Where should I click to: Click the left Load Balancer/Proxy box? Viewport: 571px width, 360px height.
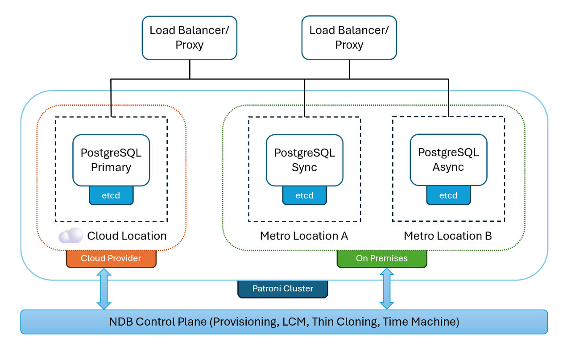pyautogui.click(x=190, y=38)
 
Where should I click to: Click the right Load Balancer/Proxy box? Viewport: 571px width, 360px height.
pyautogui.click(x=349, y=38)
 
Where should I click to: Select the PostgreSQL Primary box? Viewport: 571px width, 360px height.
pyautogui.click(x=111, y=160)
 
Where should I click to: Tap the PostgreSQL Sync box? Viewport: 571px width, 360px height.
pyautogui.click(x=304, y=160)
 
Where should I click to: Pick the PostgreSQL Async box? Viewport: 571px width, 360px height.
pyautogui.click(x=448, y=160)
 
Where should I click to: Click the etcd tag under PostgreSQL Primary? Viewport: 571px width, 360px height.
pyautogui.click(x=111, y=195)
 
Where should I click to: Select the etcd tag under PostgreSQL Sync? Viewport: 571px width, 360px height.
pyautogui.click(x=304, y=195)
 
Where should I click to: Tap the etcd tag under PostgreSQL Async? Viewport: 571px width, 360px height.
pyautogui.click(x=448, y=195)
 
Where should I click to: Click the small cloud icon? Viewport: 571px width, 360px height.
pyautogui.click(x=71, y=236)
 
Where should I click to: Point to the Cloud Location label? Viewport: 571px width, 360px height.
pyautogui.click(x=127, y=236)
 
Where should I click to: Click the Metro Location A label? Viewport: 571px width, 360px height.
pyautogui.click(x=304, y=236)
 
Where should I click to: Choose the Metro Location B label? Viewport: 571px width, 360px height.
pyautogui.click(x=448, y=236)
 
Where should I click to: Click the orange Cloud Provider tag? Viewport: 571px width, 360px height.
pyautogui.click(x=111, y=259)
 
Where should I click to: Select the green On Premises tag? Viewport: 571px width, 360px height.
pyautogui.click(x=381, y=259)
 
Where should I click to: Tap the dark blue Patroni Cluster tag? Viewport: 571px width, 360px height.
pyautogui.click(x=283, y=289)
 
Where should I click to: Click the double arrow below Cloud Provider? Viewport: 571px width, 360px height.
pyautogui.click(x=104, y=289)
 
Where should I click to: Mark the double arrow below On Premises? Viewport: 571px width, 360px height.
pyautogui.click(x=386, y=289)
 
